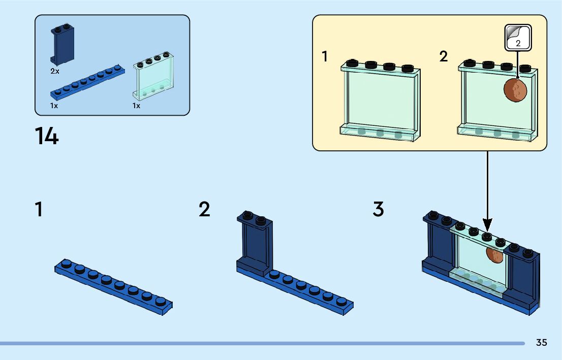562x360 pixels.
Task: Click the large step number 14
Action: pos(47,136)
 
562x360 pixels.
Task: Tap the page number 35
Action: pos(542,342)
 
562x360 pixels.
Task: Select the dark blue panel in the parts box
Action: pos(63,45)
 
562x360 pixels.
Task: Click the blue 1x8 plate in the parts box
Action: pos(87,82)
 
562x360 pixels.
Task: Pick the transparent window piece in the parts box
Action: pos(153,76)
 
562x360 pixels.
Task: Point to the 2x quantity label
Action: pos(55,71)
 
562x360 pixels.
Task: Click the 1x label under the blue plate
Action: pos(54,106)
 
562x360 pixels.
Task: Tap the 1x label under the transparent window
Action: pos(136,106)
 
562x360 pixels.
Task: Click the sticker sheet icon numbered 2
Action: pos(518,38)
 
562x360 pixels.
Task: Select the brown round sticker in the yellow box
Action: pos(515,90)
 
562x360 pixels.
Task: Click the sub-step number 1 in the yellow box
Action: pos(325,56)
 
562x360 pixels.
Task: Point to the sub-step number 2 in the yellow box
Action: pos(444,56)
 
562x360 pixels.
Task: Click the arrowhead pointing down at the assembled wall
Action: pos(487,224)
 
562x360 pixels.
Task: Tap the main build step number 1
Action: pos(39,209)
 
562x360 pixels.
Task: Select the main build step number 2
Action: pos(204,209)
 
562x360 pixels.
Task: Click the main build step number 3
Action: pos(378,209)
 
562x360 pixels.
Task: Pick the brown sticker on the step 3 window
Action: pos(494,255)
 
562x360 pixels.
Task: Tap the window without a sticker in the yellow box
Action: pos(380,101)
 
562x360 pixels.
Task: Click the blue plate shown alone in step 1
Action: pos(114,287)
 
